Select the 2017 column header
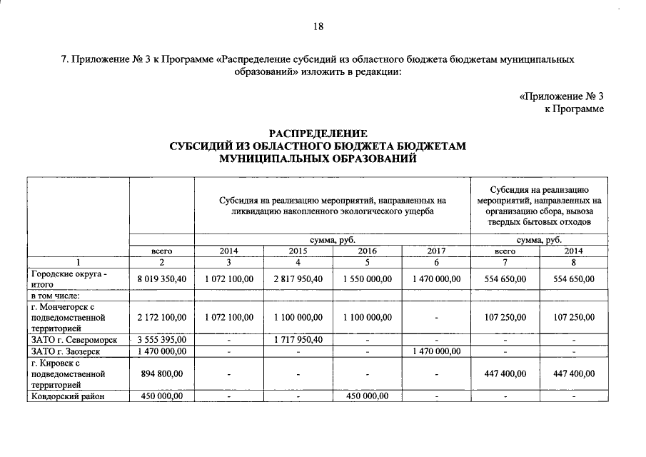pyautogui.click(x=436, y=251)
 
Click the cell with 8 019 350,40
pyautogui.click(x=162, y=278)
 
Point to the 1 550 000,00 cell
pyautogui.click(x=367, y=278)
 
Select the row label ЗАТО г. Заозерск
pyautogui.click(x=66, y=351)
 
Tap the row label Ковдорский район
pyautogui.click(x=69, y=398)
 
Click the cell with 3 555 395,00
pyautogui.click(x=162, y=339)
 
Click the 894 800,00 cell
pyautogui.click(x=162, y=373)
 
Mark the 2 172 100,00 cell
pyautogui.click(x=162, y=316)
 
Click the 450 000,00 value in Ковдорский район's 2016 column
pyautogui.click(x=367, y=398)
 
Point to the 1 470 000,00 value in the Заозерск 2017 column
pyautogui.click(x=436, y=351)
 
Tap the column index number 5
pyautogui.click(x=367, y=262)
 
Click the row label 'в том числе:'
pyautogui.click(x=54, y=295)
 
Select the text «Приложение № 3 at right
pyautogui.click(x=561, y=96)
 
